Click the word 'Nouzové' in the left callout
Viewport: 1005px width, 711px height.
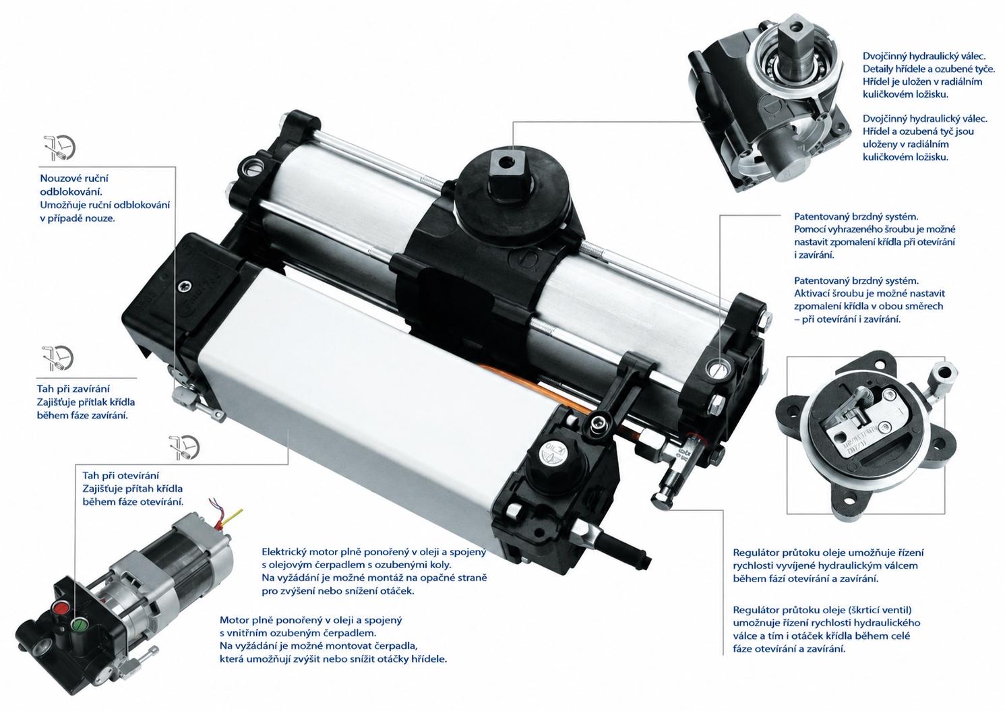[59, 178]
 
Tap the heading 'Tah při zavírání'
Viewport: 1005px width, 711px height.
[73, 389]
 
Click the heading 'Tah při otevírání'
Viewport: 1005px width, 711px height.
[121, 476]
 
